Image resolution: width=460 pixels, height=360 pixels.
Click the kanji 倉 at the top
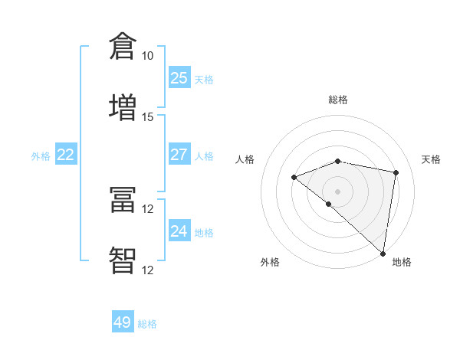123,46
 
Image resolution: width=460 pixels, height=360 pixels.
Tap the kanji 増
123,106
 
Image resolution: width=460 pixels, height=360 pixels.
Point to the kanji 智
123,260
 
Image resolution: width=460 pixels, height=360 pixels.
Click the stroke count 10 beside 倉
147,56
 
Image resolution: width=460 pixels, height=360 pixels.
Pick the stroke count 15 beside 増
147,116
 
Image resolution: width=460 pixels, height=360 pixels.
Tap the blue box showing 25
179,78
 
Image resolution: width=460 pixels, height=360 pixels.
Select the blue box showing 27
179,155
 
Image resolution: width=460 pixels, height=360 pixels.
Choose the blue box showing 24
179,231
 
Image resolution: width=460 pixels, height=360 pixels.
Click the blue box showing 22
66,155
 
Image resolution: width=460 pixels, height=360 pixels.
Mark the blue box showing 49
123,322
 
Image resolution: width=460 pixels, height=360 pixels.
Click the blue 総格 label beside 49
147,324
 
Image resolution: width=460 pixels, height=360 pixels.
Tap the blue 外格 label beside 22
41,156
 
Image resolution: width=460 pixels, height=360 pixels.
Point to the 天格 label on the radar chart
431,159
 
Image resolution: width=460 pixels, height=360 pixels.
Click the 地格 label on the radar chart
402,262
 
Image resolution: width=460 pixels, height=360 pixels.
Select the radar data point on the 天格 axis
396,172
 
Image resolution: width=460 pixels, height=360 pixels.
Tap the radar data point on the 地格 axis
383,253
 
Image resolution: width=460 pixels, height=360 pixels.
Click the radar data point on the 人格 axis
294,177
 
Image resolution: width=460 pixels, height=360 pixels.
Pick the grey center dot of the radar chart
337,191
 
